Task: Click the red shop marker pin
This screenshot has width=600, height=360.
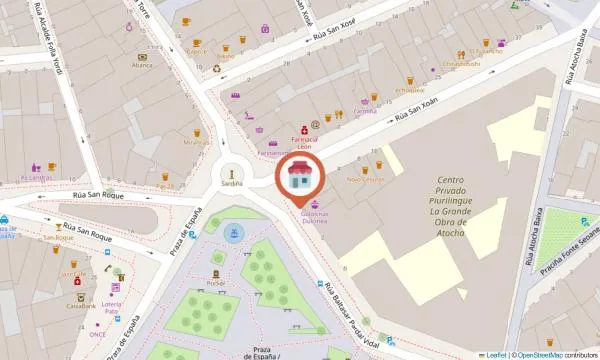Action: (299, 176)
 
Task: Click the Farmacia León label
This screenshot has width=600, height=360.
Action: (304, 141)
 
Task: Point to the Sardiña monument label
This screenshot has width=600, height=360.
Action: (231, 184)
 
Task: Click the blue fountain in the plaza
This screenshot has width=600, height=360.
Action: (234, 235)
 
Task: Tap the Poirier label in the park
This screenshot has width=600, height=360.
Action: (217, 283)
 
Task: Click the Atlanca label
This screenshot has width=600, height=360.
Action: (142, 66)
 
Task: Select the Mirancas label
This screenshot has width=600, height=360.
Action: (196, 143)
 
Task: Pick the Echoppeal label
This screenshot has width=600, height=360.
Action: (411, 89)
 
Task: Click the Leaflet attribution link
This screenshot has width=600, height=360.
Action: (494, 354)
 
